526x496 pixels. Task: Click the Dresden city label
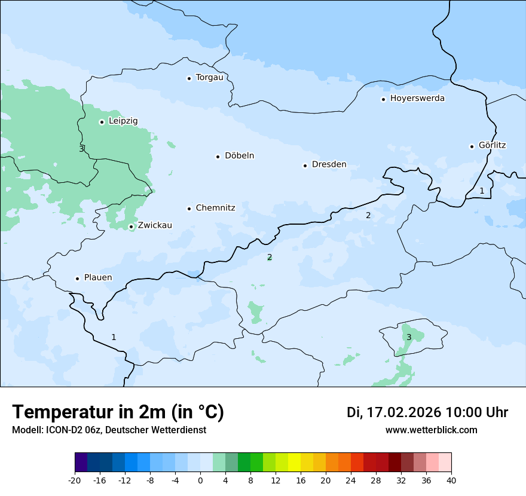[x=329, y=164]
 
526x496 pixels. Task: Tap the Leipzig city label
[x=123, y=121]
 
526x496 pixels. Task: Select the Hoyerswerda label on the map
[x=417, y=98]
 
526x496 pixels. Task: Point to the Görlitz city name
[x=492, y=145]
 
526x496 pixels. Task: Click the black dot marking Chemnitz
[x=189, y=209]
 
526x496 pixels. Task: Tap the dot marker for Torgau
[x=189, y=78]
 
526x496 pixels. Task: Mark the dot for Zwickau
[x=131, y=226]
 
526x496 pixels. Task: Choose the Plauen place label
[x=97, y=277]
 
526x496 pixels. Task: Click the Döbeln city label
[x=239, y=155]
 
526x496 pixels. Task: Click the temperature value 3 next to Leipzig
[x=81, y=149]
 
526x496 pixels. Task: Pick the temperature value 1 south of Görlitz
[x=482, y=191]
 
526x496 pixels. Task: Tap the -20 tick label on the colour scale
[x=75, y=480]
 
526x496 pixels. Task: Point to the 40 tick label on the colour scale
[x=451, y=480]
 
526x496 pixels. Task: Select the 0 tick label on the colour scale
[x=200, y=480]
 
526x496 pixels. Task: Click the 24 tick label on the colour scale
[x=351, y=480]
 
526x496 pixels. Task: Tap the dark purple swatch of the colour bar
[x=81, y=463]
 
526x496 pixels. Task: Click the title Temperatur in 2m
[x=118, y=412]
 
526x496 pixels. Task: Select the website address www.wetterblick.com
[x=431, y=430]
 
